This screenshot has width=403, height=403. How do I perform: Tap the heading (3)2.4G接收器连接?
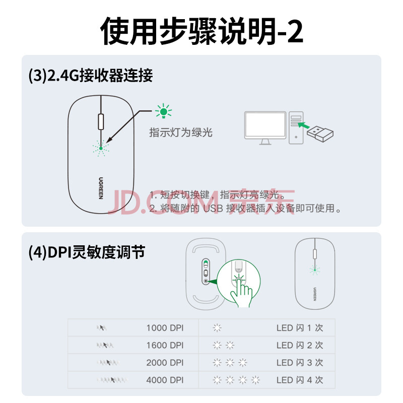click(91, 76)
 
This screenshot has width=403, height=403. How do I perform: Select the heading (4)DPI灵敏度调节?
click(87, 252)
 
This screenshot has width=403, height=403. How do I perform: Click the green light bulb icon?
click(163, 111)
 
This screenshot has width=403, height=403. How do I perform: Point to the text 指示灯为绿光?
click(181, 132)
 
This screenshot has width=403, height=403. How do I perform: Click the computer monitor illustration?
click(265, 128)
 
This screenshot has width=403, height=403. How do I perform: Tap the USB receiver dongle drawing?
click(320, 133)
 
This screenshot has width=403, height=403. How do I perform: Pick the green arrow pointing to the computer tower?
click(304, 125)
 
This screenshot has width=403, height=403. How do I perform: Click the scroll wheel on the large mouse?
click(101, 121)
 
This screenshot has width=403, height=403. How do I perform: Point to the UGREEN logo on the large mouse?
click(101, 188)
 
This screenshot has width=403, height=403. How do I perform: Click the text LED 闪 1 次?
click(300, 328)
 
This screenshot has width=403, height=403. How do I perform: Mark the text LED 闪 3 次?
click(300, 363)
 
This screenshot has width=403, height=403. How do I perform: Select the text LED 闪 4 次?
click(300, 380)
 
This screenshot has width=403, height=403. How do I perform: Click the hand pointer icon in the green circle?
click(241, 293)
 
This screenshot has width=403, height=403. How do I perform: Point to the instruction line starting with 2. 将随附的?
click(245, 208)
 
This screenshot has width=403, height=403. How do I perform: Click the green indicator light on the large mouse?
click(101, 148)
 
